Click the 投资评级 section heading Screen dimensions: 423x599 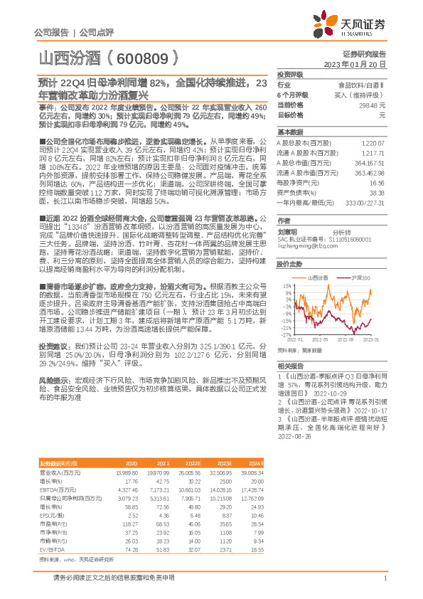(291, 74)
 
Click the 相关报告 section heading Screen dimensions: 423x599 (291, 365)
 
